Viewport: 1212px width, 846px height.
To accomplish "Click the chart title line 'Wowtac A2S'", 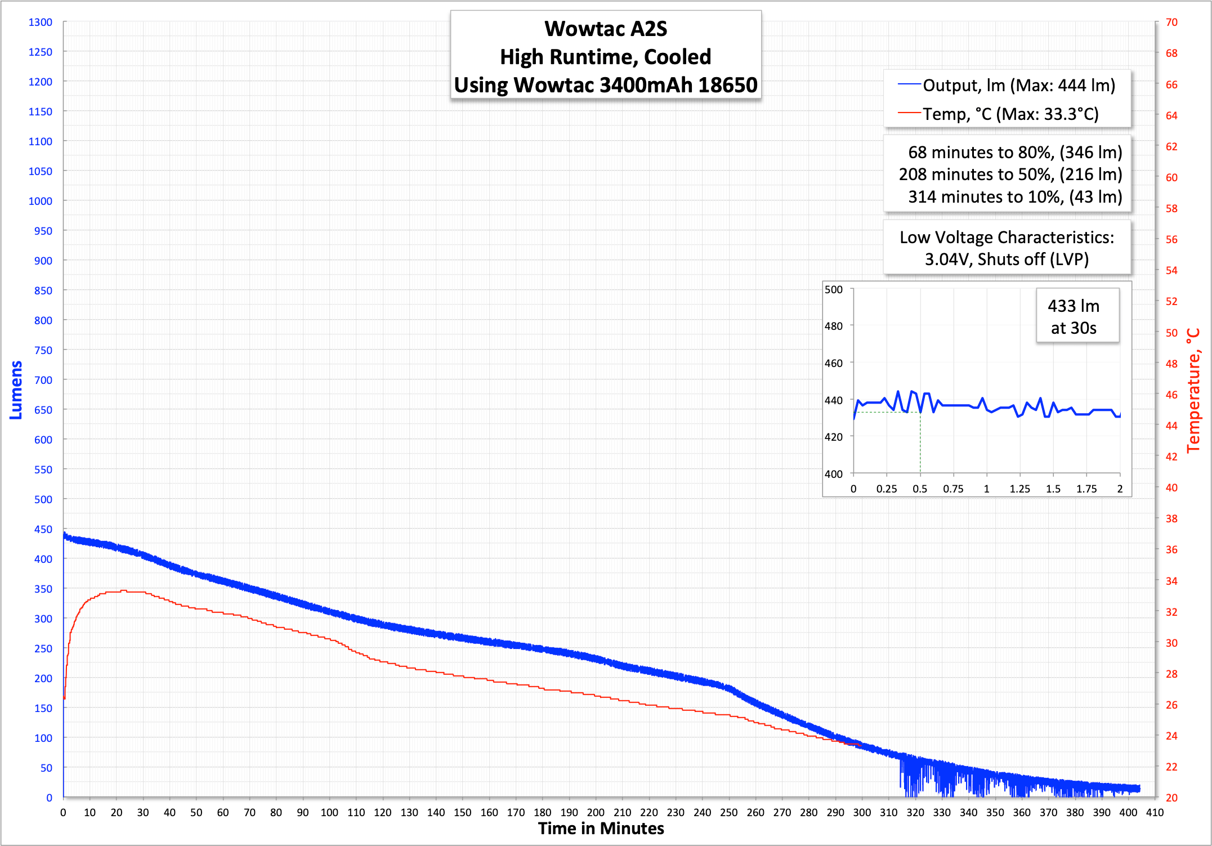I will click(x=606, y=29).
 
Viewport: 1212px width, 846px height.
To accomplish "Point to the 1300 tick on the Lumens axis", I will click(x=41, y=22).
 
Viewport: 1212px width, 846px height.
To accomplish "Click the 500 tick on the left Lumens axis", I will click(x=43, y=499).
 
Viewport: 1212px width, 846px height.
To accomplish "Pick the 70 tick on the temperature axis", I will click(x=1171, y=22).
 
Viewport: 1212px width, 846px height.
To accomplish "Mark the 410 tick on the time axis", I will click(x=1155, y=812).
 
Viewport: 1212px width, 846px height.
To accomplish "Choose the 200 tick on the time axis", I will click(x=596, y=812).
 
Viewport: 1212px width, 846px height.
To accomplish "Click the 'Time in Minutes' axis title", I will click(x=601, y=829).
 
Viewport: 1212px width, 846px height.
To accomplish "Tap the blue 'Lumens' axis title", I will click(x=16, y=390).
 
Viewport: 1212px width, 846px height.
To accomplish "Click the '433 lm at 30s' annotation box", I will click(x=1074, y=316).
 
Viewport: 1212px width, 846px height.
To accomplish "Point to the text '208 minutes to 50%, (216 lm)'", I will click(x=1010, y=174).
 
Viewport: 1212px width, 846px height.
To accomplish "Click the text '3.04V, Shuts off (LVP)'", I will click(x=1007, y=259).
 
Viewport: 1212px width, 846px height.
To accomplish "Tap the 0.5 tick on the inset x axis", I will click(x=920, y=489).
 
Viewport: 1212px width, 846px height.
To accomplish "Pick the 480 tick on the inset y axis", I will click(x=834, y=326).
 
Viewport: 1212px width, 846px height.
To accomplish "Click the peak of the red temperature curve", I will click(x=123, y=590).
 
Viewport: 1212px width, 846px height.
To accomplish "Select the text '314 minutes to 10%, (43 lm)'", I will click(x=1015, y=197).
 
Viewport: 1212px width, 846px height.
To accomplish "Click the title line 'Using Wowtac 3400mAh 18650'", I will click(x=606, y=85).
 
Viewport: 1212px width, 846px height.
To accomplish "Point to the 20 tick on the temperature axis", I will click(x=1171, y=798).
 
